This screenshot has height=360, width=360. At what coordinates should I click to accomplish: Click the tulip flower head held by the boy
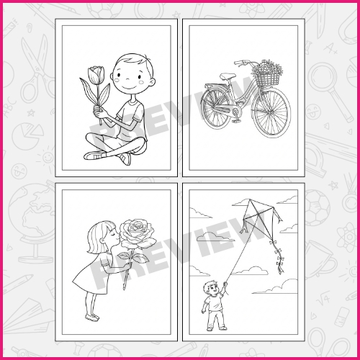tap(94, 75)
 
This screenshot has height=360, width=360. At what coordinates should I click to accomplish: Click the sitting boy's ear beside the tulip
tap(112, 76)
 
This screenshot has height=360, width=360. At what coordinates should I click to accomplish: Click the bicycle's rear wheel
tap(216, 111)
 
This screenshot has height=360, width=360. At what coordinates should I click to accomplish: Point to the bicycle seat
tap(228, 76)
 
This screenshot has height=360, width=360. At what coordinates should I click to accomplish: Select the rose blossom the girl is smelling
tap(135, 233)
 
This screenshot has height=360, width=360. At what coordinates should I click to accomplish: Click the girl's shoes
tap(91, 317)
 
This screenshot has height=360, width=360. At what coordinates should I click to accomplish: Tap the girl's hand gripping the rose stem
tap(129, 266)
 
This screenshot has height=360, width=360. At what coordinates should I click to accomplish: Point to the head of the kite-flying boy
tap(210, 287)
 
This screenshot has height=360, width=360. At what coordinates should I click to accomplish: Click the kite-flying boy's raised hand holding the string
tap(225, 284)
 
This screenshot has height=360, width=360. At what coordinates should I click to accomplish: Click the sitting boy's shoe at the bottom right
tap(124, 158)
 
